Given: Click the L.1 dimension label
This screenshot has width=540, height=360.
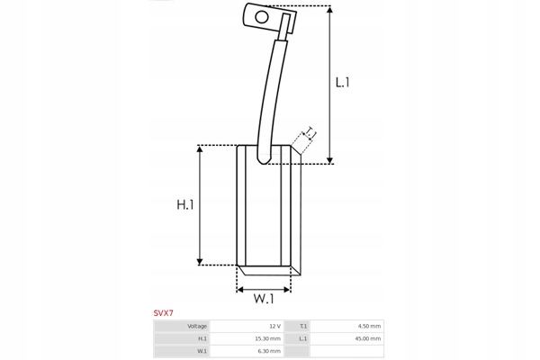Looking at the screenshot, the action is click(343, 82).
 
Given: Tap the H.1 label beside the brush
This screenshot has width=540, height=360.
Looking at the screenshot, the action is click(185, 204).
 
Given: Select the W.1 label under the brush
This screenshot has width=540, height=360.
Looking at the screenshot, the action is click(264, 298).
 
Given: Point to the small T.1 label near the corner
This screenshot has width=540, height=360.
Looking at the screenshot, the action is click(310, 131).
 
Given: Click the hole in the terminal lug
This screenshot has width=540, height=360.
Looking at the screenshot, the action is click(262, 17).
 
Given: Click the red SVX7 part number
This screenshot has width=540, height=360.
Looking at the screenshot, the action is click(164, 313).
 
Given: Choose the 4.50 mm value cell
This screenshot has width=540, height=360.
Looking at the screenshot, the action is click(369, 326).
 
